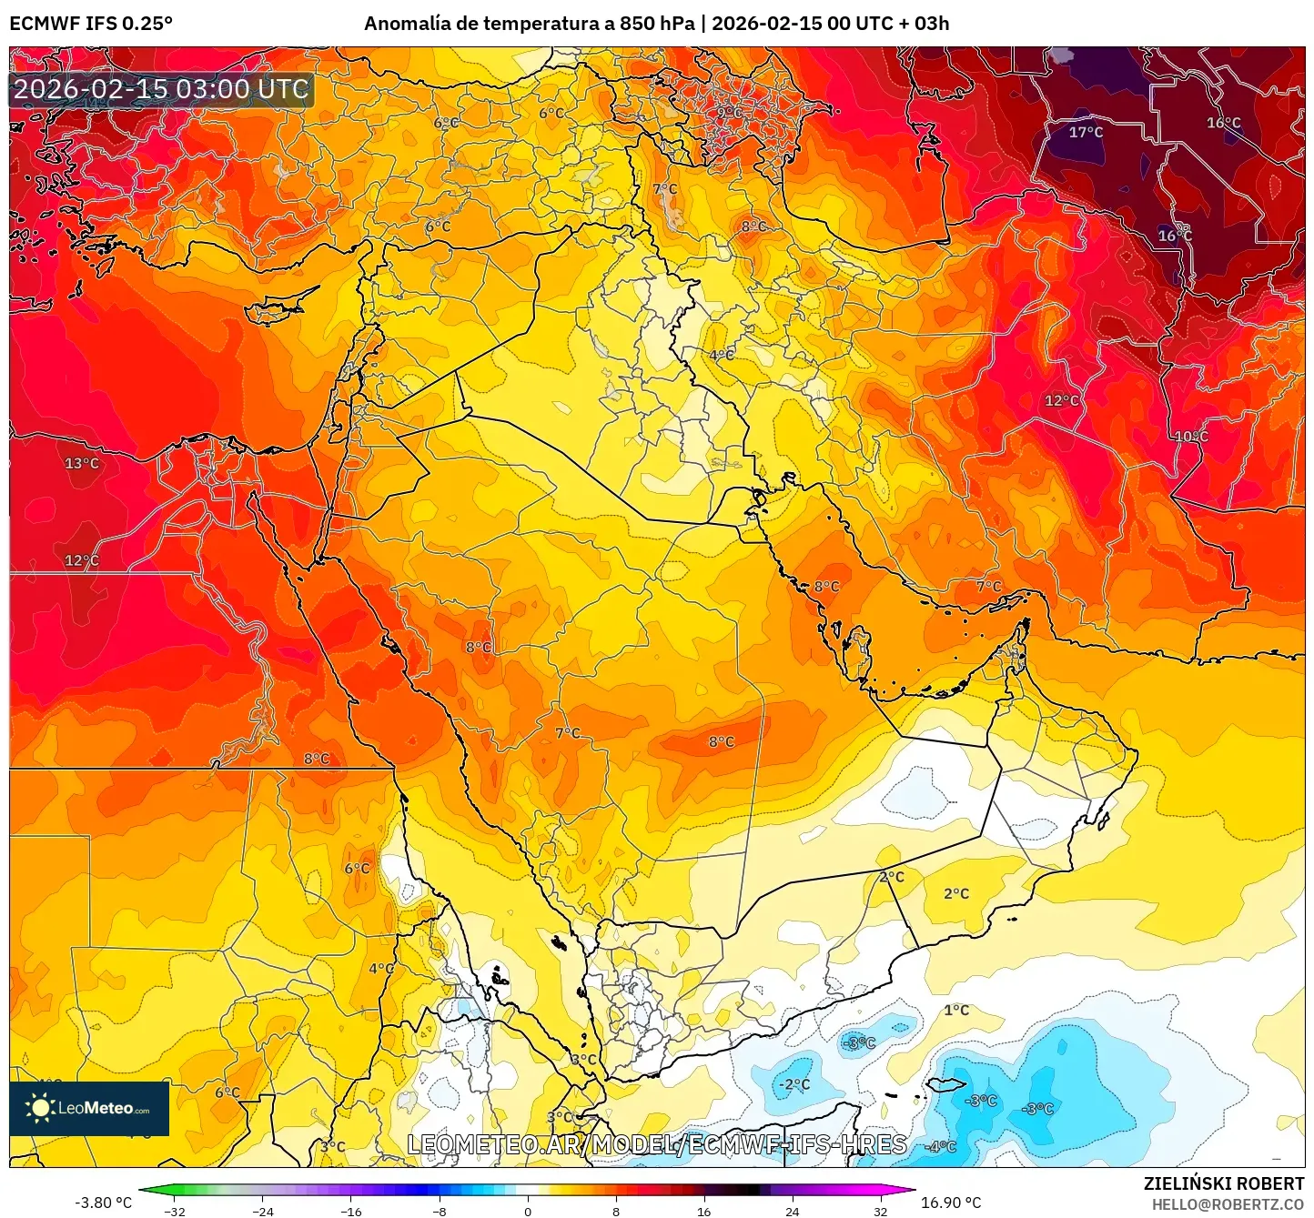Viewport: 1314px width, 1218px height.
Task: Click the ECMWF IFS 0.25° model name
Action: coord(91,24)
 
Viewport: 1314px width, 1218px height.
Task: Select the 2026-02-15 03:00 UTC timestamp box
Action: coord(161,90)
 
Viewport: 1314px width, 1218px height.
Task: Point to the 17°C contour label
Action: coord(1086,133)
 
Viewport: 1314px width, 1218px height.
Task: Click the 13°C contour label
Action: coord(82,464)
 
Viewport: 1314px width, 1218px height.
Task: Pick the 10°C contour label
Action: coord(1191,437)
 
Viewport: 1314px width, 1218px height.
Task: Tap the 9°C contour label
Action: coord(729,113)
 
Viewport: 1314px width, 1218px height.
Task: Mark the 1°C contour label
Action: coord(956,1011)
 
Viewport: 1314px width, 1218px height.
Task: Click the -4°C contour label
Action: coord(941,1147)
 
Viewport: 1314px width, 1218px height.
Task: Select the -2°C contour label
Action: coord(794,1085)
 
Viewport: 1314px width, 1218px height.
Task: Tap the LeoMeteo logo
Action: coord(89,1109)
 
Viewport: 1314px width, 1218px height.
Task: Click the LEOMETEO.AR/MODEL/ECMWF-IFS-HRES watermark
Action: coord(656,1145)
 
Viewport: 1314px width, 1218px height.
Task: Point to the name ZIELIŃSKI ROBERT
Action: coord(1224,1183)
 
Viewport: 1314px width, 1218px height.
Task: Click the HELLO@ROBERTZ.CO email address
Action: coord(1228,1204)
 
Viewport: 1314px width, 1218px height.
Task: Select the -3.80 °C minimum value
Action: coord(103,1203)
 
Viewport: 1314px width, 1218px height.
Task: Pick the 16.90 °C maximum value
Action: coord(951,1203)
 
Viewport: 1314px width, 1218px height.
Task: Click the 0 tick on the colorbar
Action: coord(528,1212)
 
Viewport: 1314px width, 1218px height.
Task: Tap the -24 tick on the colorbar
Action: coord(262,1212)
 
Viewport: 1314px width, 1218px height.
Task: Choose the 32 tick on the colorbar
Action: coord(880,1212)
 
